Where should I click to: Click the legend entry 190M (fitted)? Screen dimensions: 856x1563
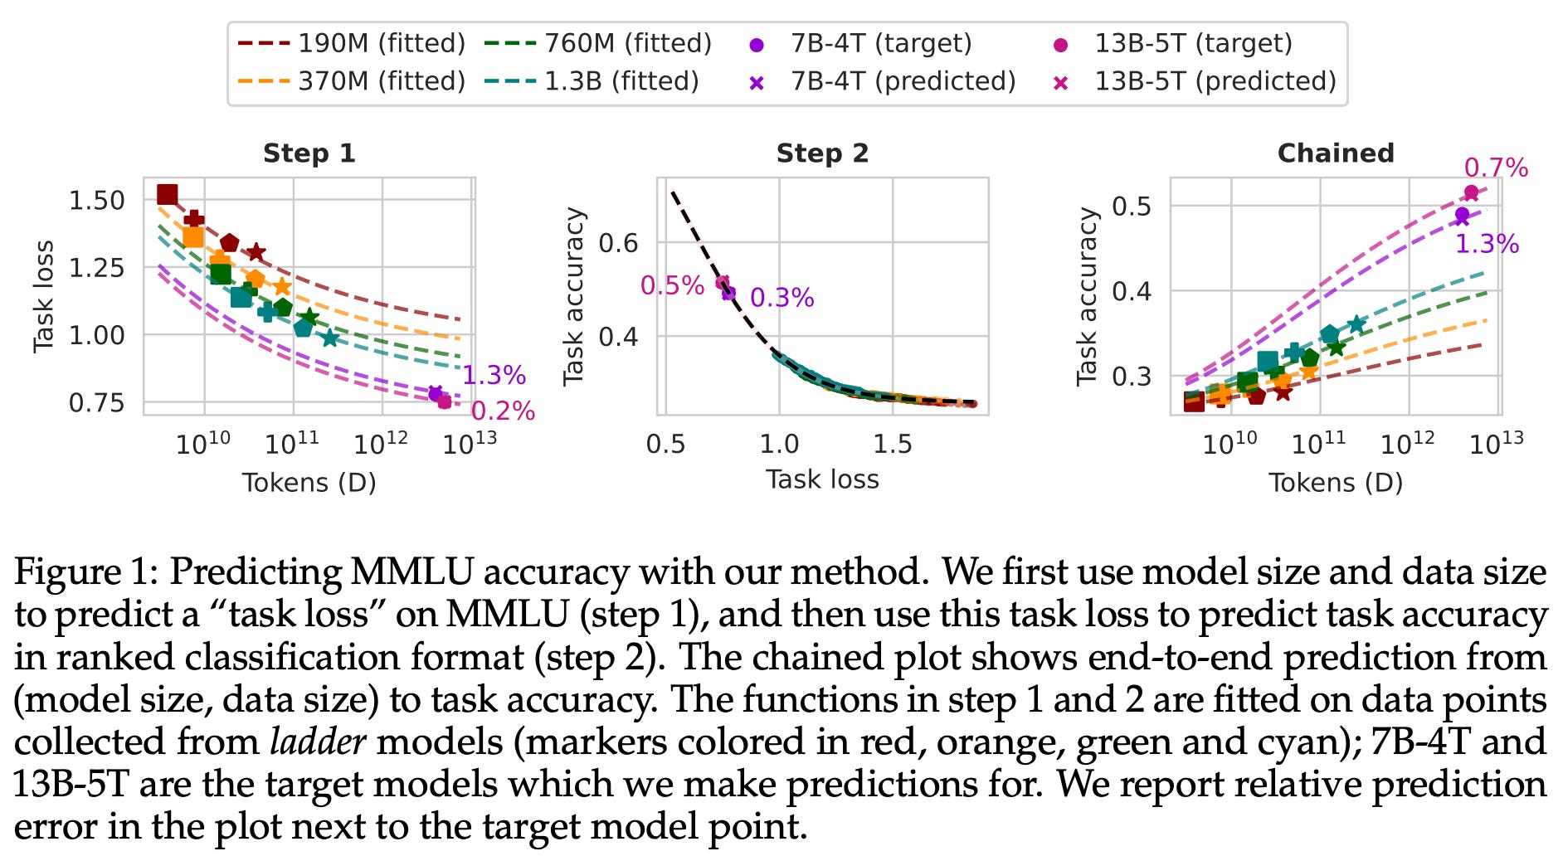351,43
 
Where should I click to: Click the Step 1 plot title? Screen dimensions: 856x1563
309,153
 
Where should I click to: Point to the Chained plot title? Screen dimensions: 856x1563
1335,153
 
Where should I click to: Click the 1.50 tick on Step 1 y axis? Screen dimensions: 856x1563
96,200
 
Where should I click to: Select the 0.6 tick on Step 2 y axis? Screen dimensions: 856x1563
618,243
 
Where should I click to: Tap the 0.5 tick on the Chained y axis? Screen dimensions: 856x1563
1132,206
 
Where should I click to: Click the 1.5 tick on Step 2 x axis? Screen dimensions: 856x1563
892,444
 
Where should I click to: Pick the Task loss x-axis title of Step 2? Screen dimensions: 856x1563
821,479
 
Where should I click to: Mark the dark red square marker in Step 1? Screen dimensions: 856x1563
168,194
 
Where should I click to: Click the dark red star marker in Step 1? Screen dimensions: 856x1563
256,252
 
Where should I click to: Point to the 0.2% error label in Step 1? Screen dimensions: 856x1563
503,411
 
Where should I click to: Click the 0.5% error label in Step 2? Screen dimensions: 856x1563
672,285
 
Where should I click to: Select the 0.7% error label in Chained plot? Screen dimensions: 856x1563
1495,168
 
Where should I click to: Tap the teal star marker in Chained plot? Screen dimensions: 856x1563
1356,324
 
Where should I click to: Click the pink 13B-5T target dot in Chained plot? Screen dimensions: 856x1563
1471,192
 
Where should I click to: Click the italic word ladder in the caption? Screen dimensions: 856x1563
318,741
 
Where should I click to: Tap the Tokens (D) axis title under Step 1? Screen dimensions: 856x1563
309,483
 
